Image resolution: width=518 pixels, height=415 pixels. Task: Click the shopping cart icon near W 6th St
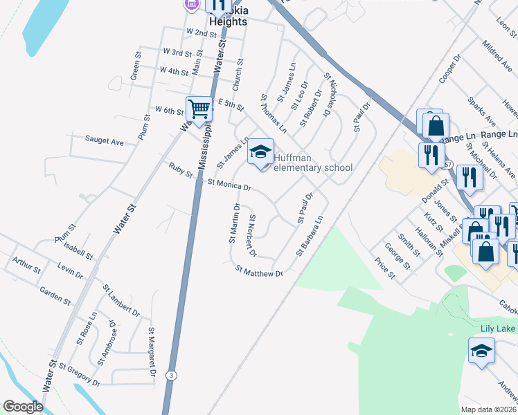pos(199,109)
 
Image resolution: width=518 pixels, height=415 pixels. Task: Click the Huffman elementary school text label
pos(312,162)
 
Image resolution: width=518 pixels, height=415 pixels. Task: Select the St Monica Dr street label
pos(229,185)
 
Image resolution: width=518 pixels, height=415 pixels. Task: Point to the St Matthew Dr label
pos(260,271)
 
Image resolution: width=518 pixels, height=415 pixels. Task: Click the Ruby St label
pos(180,170)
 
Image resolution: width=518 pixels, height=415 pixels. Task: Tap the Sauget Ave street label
pos(104,141)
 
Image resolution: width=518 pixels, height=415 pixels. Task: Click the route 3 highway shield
pos(170,374)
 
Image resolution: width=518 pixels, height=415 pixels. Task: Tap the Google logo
pos(23,407)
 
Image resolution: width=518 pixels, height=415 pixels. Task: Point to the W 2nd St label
pos(202,33)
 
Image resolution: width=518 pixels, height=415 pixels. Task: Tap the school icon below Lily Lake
pos(481,351)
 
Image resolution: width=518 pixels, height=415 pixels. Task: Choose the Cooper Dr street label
pos(449,70)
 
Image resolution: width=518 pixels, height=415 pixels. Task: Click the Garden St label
pos(55,296)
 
